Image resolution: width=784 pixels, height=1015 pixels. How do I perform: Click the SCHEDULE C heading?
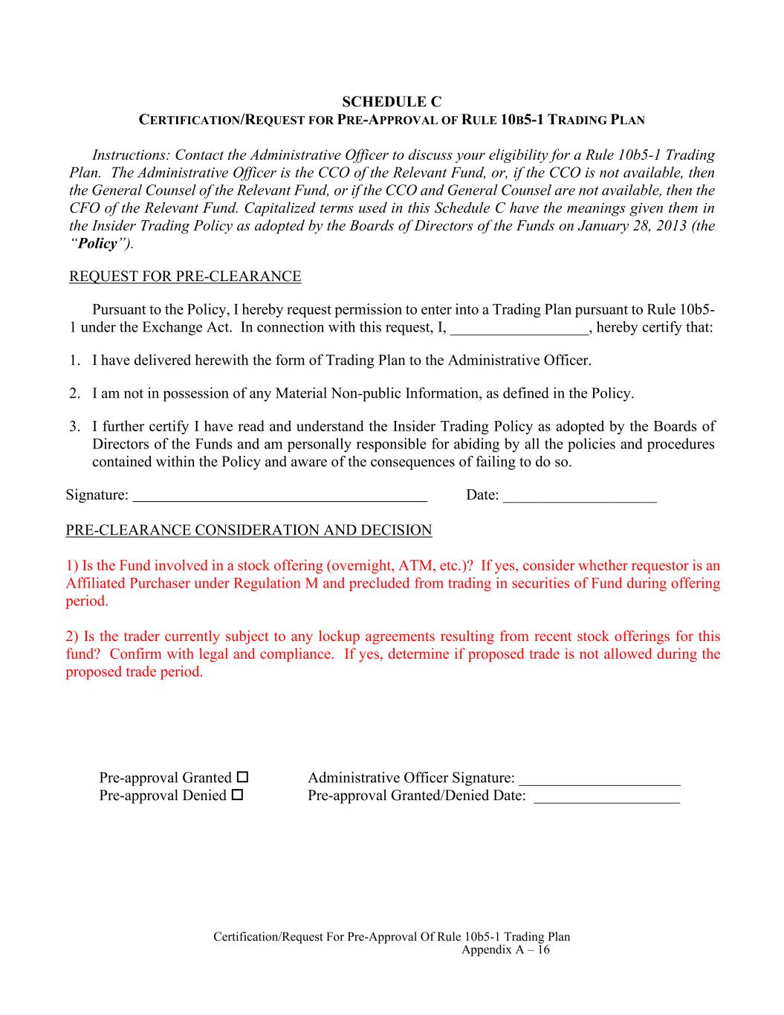pos(392,101)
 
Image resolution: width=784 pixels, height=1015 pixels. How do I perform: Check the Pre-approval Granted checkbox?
pos(242,777)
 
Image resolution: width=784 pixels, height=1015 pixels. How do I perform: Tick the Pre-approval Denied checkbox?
pos(237,795)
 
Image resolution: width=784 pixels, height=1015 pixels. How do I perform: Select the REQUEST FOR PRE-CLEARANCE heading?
pos(185,277)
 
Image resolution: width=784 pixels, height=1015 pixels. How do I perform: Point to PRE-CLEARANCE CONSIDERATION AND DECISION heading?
pos(249,530)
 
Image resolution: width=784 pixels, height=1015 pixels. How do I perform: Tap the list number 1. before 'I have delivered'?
pos(74,361)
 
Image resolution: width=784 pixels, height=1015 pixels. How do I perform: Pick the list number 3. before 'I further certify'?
pos(74,427)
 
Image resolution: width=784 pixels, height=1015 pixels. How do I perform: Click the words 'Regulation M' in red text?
pos(276,583)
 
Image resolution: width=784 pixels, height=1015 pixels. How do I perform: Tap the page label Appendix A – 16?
pos(505,950)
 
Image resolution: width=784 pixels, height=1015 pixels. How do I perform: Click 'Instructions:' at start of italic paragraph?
pos(131,155)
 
